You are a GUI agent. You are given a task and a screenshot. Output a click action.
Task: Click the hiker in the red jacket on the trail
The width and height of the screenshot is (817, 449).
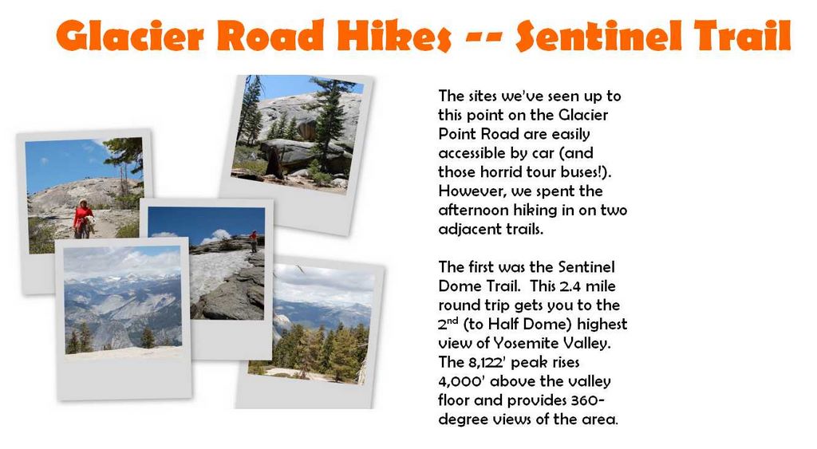pos(83,219)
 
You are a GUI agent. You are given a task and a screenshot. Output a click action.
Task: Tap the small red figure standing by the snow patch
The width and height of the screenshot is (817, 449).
pos(253,241)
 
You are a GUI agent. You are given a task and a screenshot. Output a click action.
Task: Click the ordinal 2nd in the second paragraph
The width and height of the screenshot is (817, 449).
pos(448,324)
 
